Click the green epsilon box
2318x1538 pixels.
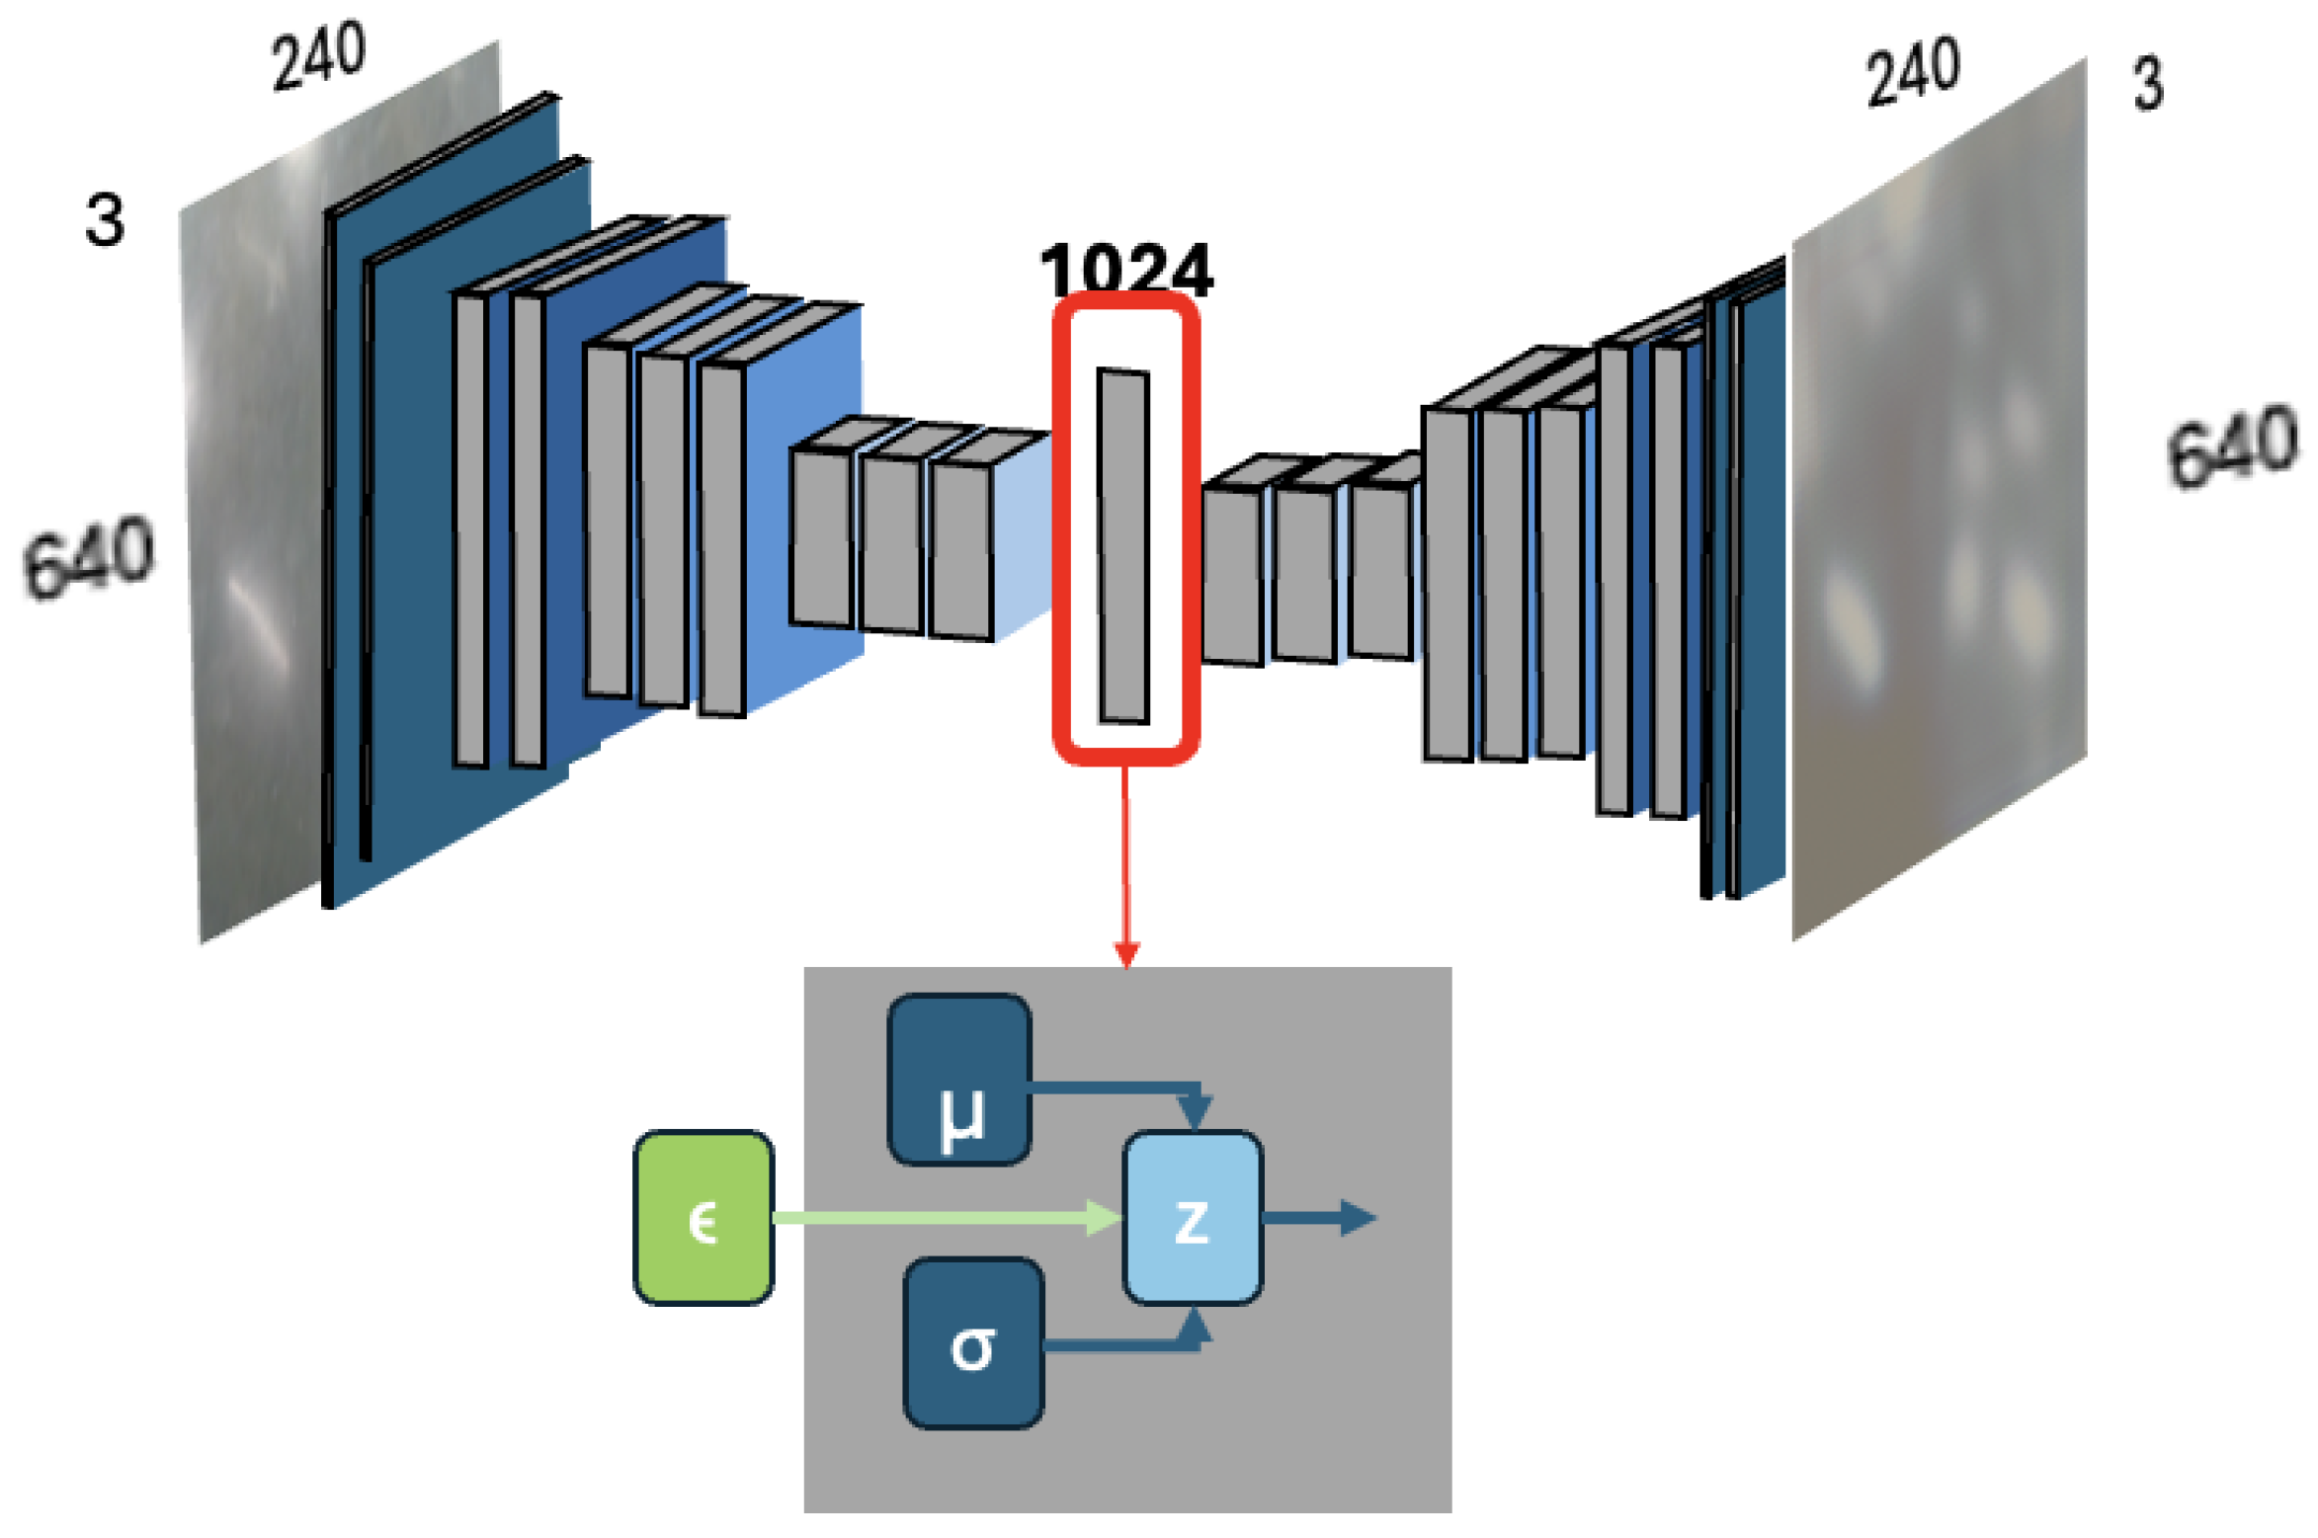[703, 1217]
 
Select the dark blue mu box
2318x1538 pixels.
[959, 1080]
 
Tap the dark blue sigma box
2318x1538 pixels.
[973, 1343]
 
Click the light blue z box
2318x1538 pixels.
[1193, 1217]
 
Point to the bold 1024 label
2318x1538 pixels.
[1125, 269]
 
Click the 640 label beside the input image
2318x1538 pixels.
[88, 557]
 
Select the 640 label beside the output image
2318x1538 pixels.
[2232, 446]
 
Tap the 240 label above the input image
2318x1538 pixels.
[318, 56]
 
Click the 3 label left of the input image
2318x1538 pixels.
[104, 219]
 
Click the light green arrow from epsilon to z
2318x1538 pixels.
[939, 1217]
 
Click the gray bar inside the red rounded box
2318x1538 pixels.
[1123, 546]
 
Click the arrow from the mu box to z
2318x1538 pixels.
[1117, 1089]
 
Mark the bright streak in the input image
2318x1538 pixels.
[259, 622]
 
